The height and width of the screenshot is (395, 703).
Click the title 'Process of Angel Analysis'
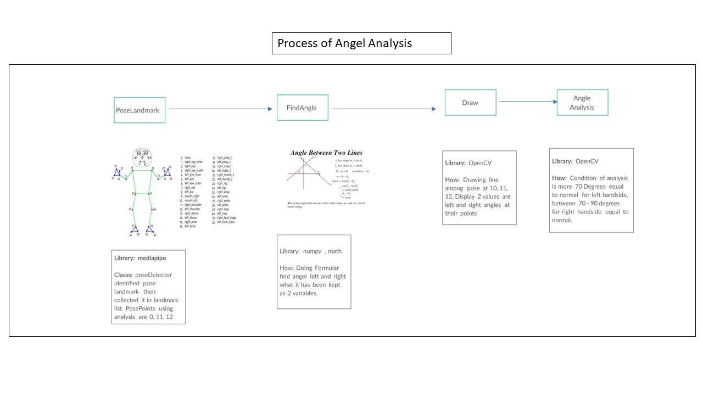[x=344, y=43]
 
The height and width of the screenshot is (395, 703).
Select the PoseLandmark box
[x=140, y=110]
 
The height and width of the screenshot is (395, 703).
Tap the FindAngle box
[x=302, y=108]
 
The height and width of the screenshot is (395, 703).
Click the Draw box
[x=470, y=103]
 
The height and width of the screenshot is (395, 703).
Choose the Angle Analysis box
[x=582, y=103]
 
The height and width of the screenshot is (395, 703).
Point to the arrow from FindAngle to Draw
[x=384, y=109]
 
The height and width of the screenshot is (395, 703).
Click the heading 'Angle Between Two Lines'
[x=326, y=153]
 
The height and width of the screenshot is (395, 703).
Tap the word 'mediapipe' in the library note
[x=157, y=258]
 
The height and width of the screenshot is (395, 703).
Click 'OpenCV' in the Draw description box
[x=480, y=163]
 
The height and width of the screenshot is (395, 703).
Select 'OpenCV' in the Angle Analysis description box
[x=587, y=161]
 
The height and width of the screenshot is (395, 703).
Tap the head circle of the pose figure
[x=143, y=157]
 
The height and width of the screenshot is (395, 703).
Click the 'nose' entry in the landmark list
[x=188, y=157]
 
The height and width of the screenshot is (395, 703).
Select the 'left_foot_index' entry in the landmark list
[x=226, y=222]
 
